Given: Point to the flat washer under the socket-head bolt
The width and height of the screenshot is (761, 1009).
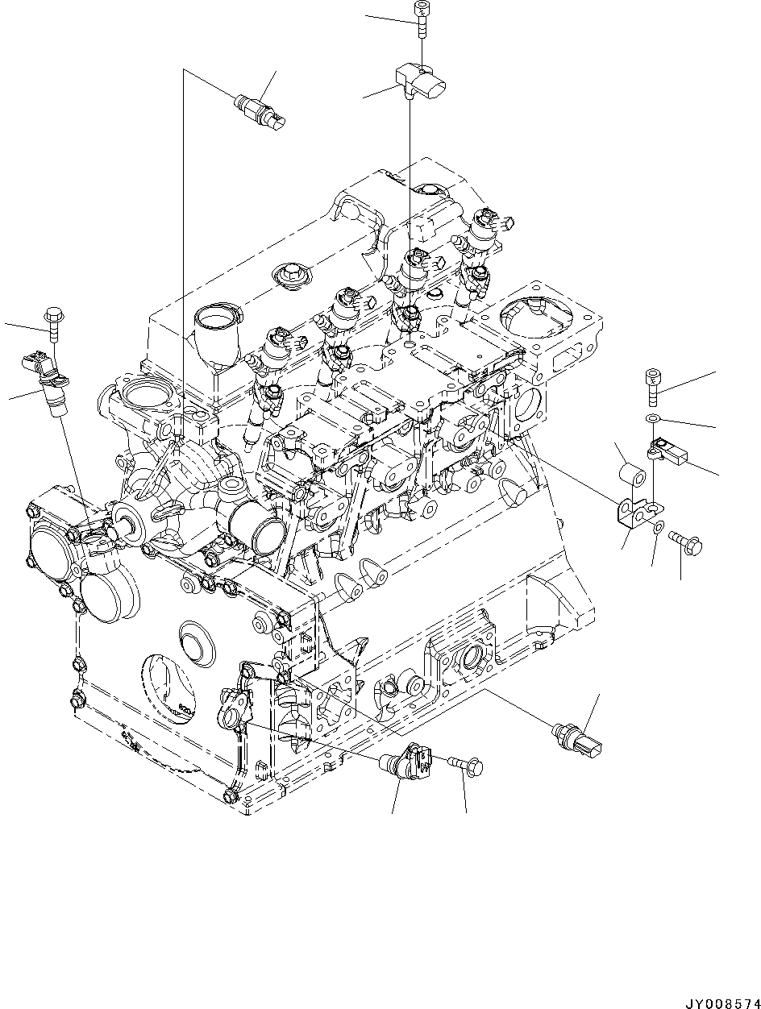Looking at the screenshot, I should tap(654, 417).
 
